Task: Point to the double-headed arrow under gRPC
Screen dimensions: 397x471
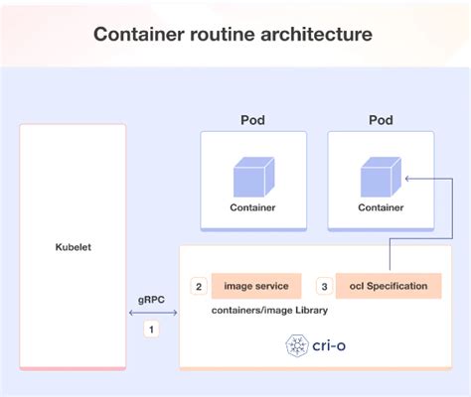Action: pos(152,313)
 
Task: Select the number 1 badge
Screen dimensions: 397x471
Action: pos(152,329)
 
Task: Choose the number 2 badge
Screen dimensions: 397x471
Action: pos(199,287)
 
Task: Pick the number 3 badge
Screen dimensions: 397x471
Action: pos(323,287)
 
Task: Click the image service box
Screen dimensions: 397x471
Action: pos(255,287)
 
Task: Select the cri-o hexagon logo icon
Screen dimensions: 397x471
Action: pos(295,344)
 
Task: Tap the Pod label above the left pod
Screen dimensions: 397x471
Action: pos(253,120)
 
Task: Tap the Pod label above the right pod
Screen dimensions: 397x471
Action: pos(381,120)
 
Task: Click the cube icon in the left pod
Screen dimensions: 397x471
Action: pos(253,176)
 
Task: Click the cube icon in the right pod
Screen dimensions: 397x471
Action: pos(380,176)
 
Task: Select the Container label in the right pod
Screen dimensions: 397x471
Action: pos(381,208)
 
